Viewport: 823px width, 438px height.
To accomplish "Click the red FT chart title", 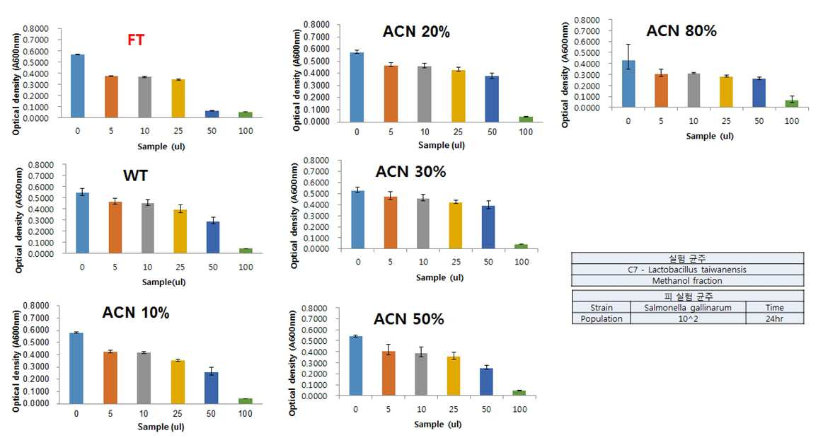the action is click(x=135, y=40).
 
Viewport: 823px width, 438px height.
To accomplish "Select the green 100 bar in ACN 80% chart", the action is click(x=791, y=103).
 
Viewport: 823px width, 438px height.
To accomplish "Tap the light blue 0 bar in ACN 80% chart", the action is click(x=628, y=84).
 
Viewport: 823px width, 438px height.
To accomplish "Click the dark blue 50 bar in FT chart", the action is click(x=212, y=115).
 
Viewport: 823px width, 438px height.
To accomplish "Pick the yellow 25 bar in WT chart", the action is click(x=180, y=231).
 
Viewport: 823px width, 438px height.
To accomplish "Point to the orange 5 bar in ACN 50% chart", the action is click(x=389, y=374).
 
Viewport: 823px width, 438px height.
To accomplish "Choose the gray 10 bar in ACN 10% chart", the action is click(x=144, y=378).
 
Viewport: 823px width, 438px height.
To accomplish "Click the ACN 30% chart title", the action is click(x=411, y=171).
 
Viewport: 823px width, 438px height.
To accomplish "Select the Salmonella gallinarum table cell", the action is click(x=688, y=307).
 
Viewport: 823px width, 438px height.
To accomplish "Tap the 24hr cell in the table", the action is click(x=774, y=318).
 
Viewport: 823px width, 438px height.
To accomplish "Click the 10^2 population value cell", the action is click(x=688, y=318).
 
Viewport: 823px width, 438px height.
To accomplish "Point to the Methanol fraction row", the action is click(x=688, y=281).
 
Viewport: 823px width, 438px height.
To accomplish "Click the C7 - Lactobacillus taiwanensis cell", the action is click(x=688, y=270).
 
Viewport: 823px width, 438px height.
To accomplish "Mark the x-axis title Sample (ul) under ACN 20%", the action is click(x=442, y=145).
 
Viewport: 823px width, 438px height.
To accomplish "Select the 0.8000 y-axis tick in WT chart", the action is click(x=41, y=165).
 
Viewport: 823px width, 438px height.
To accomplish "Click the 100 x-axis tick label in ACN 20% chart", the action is click(x=525, y=132).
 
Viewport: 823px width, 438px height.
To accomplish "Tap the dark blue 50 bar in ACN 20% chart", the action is click(x=492, y=99).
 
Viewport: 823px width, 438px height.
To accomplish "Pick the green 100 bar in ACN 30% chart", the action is click(x=522, y=246).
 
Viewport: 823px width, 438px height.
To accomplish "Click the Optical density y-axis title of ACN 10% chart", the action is click(x=16, y=361).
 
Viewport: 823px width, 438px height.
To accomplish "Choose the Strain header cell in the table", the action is click(x=602, y=307).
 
